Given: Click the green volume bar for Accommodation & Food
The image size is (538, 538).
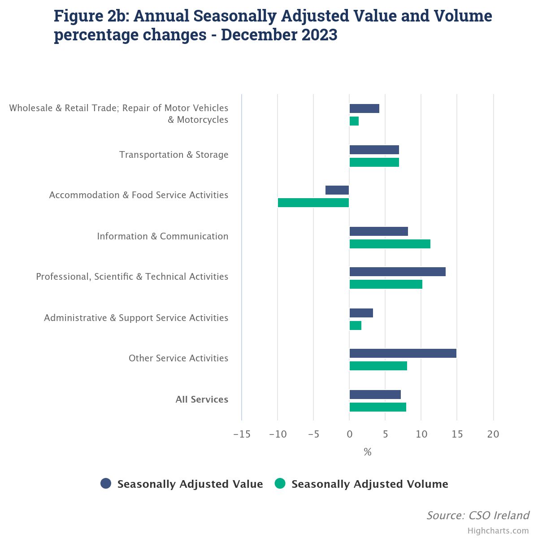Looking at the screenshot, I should tap(313, 203).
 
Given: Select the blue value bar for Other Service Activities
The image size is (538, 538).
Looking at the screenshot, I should tap(403, 353).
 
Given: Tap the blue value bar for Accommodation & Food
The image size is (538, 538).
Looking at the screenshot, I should tap(337, 190).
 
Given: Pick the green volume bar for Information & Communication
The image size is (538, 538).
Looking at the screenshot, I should tap(390, 244).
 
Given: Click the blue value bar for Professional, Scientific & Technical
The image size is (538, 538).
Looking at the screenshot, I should tap(397, 272).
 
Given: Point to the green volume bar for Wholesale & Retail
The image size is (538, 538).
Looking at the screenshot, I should tap(354, 121).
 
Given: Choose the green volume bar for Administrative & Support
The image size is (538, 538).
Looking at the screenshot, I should tap(356, 325).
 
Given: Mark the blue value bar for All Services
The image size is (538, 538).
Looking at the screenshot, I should tap(375, 395).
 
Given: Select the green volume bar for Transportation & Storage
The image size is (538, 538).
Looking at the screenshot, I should tap(374, 162).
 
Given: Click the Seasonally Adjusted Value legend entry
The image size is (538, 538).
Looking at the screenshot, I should tap(190, 484).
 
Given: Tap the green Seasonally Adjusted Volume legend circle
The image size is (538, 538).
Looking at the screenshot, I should tap(280, 484).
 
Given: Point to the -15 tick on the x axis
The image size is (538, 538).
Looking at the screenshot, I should tap(242, 434).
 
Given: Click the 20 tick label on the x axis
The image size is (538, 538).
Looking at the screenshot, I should tap(493, 434).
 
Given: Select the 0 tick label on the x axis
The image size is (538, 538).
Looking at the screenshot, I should tap(349, 434).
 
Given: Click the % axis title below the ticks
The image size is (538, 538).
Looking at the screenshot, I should tap(368, 452).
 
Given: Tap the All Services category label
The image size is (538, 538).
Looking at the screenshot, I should tap(202, 399).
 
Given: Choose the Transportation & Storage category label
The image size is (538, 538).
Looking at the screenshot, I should tap(174, 155).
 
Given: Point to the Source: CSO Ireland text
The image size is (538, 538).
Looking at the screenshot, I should tap(477, 516).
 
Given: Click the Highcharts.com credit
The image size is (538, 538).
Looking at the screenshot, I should tap(498, 531).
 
